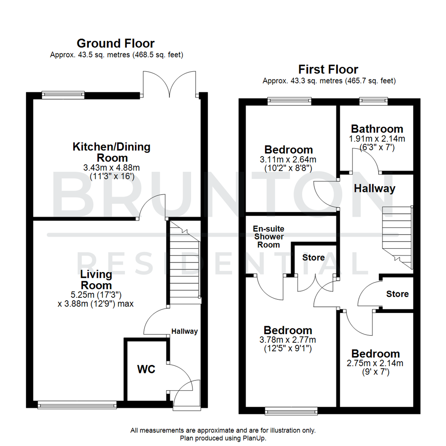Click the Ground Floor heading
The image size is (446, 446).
116,43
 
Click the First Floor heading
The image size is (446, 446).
329,69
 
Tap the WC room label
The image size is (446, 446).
146,369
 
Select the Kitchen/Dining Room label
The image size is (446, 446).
111,152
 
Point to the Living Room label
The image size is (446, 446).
96,280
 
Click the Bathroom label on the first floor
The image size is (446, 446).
377,128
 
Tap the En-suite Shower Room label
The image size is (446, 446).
269,237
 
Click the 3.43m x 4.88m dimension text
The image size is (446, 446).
111,168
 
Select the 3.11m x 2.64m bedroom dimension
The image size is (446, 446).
289,160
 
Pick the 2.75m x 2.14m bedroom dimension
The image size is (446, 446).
375,363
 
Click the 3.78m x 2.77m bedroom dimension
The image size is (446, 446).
288,340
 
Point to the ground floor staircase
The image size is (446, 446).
184,264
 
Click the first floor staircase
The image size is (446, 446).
397,237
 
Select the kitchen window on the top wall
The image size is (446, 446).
63,95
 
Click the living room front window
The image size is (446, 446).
77,405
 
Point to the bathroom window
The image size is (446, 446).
373,100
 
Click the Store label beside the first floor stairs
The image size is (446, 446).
397,294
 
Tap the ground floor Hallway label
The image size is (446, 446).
185,331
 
